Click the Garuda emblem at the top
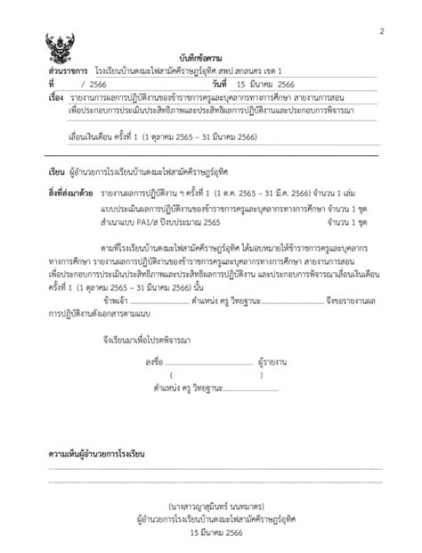(62, 45)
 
